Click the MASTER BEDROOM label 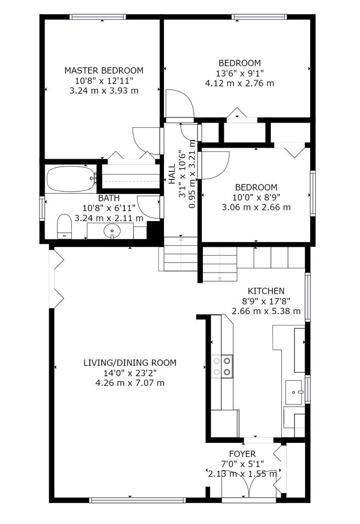tap(104, 71)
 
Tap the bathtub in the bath tap(71, 179)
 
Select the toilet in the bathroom tap(64, 226)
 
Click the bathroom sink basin tap(112, 231)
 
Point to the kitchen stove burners tap(222, 366)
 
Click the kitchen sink tap(294, 391)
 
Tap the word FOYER tap(242, 454)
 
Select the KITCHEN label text tap(266, 291)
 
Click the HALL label tap(172, 174)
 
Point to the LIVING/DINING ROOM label tap(130, 363)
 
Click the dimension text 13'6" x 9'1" tap(239, 73)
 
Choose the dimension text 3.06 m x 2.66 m tap(256, 207)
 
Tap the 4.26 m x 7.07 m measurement tap(130, 383)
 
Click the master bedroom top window tap(97, 17)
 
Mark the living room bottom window tap(137, 500)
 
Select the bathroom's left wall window tap(42, 209)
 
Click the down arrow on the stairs tap(220, 278)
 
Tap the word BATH tap(108, 198)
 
